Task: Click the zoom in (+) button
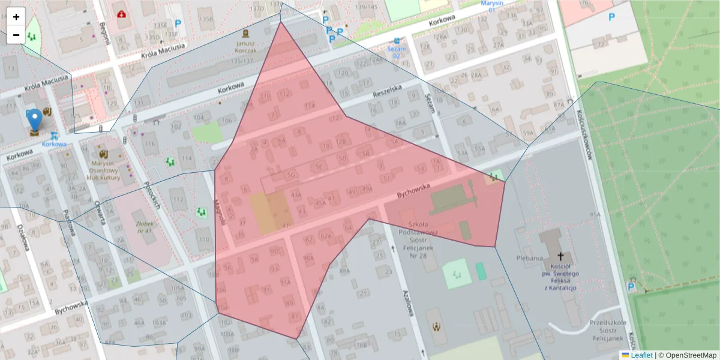(16, 17)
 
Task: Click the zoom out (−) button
(16, 35)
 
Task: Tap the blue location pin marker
(35, 119)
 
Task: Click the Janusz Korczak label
(246, 47)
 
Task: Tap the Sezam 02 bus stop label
(395, 52)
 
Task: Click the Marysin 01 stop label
(491, 6)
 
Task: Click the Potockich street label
(152, 194)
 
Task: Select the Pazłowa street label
(70, 222)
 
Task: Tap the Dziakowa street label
(24, 238)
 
